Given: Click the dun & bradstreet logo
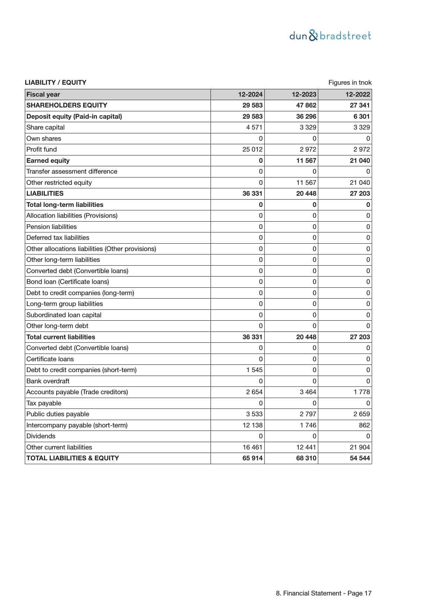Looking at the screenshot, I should pyautogui.click(x=330, y=36).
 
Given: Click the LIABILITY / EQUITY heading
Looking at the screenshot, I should pyautogui.click(x=56, y=83).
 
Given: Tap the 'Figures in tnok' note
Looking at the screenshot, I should pyautogui.click(x=350, y=83).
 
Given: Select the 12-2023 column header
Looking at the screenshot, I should pyautogui.click(x=304, y=95).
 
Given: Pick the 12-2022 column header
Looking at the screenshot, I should pyautogui.click(x=357, y=95).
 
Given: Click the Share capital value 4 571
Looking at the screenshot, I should pyautogui.click(x=254, y=127).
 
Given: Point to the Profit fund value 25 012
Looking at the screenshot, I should pyautogui.click(x=252, y=149).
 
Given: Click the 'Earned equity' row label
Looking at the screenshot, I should pyautogui.click(x=48, y=161).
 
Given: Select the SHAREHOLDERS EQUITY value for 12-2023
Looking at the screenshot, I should pyautogui.click(x=306, y=105).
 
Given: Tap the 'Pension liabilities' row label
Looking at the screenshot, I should pyautogui.click(x=51, y=227).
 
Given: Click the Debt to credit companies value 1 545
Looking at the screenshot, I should pyautogui.click(x=254, y=370).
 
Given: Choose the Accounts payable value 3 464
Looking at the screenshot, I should pyautogui.click(x=308, y=392).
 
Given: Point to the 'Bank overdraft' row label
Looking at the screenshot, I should pyautogui.click(x=48, y=381).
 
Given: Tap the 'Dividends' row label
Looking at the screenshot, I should pyautogui.click(x=41, y=436).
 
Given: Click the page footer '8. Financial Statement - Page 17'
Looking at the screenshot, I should pyautogui.click(x=323, y=593).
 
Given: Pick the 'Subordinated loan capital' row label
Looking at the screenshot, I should pyautogui.click(x=64, y=315).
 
